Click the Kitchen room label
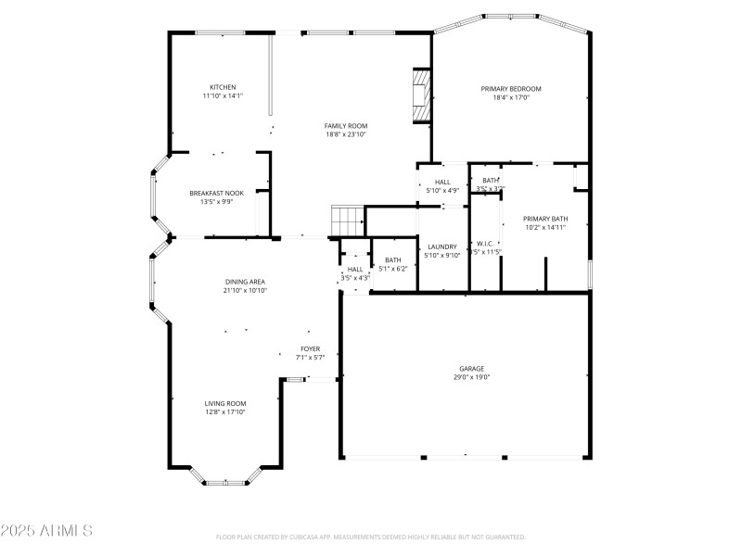[x=223, y=87]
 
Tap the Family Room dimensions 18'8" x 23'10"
[x=346, y=134]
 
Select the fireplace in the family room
[x=422, y=95]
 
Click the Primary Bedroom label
[x=510, y=89]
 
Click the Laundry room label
[x=442, y=246]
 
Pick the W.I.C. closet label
[x=483, y=245]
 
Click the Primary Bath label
[x=545, y=219]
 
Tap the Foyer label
[x=310, y=348]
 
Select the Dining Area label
[x=245, y=282]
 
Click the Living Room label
[x=225, y=403]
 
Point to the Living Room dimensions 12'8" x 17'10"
[x=225, y=412]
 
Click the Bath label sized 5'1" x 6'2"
[x=393, y=259]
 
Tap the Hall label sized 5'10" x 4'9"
[x=442, y=182]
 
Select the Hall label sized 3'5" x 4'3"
[x=355, y=269]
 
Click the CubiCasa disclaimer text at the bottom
[x=371, y=537]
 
